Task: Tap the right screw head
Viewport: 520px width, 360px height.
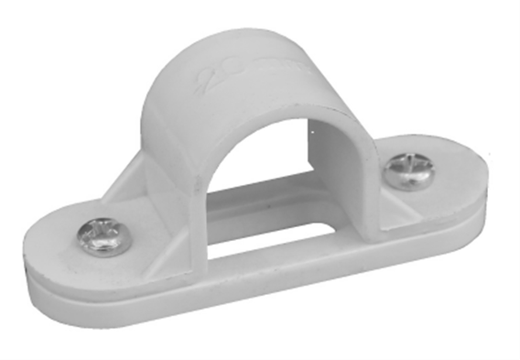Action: pyautogui.click(x=407, y=170)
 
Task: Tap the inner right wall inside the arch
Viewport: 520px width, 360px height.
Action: pyautogui.click(x=339, y=165)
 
